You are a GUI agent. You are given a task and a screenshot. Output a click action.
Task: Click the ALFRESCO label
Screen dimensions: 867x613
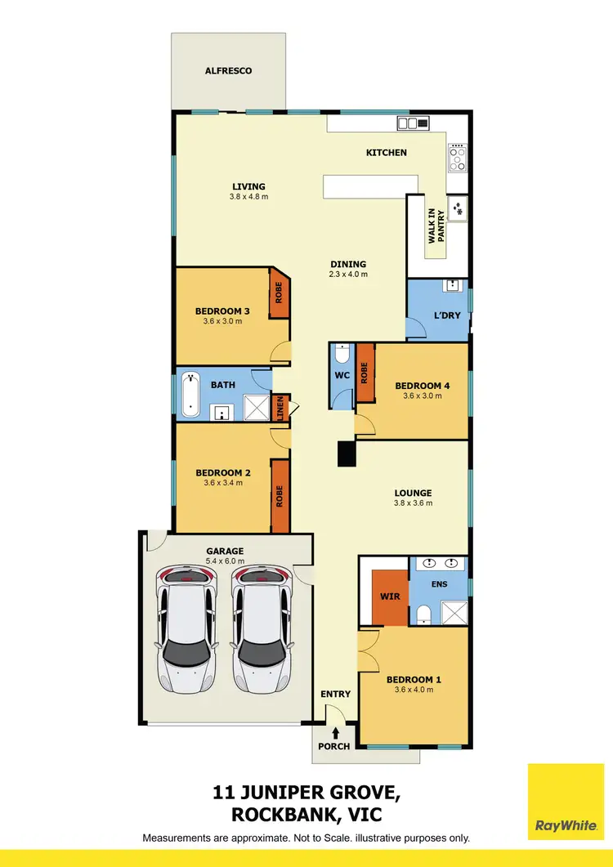(x=228, y=71)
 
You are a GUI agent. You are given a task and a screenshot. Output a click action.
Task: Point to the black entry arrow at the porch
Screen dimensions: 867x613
(x=334, y=731)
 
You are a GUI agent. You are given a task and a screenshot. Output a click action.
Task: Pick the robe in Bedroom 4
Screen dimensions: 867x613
(x=365, y=373)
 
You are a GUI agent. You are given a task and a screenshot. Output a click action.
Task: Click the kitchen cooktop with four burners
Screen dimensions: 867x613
(x=457, y=157)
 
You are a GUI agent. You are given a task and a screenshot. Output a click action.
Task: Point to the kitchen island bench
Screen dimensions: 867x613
(x=365, y=186)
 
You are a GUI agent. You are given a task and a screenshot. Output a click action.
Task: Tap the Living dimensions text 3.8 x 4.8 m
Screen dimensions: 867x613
(x=248, y=197)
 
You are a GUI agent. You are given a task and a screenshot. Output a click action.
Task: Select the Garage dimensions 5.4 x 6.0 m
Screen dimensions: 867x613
(x=225, y=561)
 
